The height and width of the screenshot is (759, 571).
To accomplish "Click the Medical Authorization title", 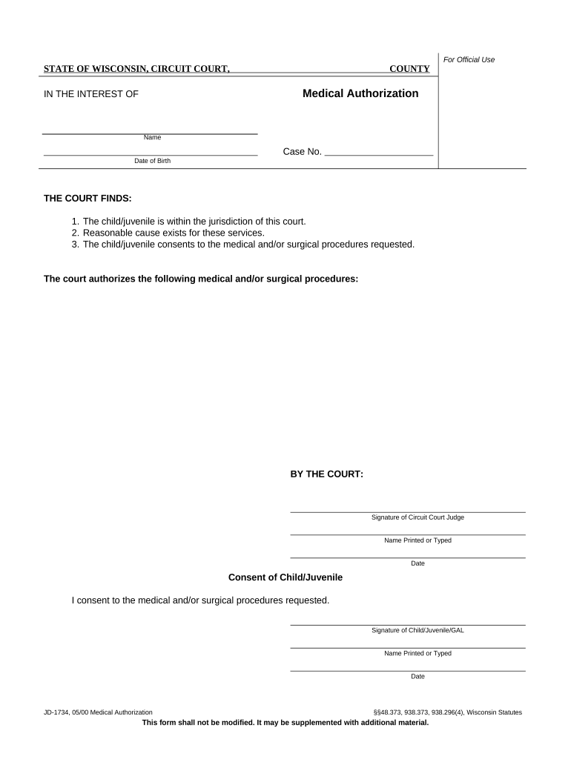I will (x=360, y=93).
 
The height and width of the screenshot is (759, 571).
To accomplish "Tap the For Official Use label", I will (x=469, y=59).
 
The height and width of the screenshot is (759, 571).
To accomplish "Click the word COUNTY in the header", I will (x=409, y=69).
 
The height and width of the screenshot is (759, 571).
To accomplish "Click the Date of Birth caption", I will (x=152, y=161).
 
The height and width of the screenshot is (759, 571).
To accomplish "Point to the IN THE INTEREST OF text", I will (x=91, y=94).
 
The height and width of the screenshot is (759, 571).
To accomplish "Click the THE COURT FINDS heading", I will (x=88, y=199).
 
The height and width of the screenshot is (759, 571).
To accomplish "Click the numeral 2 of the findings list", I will (x=75, y=233).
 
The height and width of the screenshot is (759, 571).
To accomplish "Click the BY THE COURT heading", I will (x=326, y=474).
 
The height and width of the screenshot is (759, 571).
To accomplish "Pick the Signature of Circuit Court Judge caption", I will (x=417, y=517).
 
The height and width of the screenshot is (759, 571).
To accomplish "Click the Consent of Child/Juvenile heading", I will (x=285, y=577).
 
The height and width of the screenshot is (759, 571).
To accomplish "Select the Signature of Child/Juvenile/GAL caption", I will (x=417, y=630).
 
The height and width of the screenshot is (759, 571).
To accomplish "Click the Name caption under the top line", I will (x=152, y=138).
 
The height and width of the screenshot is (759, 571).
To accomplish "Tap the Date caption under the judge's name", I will (x=417, y=563).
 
